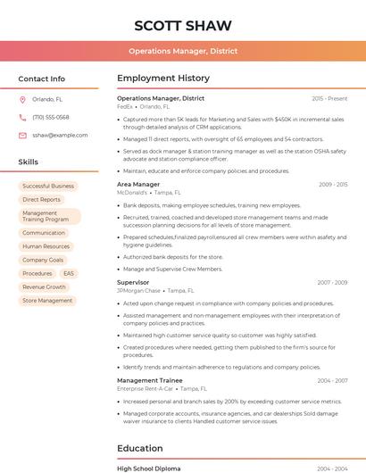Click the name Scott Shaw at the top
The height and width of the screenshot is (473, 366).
tap(183, 25)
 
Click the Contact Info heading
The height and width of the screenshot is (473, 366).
tap(42, 79)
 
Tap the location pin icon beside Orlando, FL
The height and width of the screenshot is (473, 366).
tap(22, 100)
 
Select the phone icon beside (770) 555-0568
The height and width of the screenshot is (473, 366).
tap(22, 118)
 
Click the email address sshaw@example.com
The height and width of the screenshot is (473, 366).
tap(60, 135)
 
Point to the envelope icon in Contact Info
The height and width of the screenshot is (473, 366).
tap(22, 135)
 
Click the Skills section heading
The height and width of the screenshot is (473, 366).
tap(29, 162)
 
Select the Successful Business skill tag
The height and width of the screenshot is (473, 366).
tap(48, 187)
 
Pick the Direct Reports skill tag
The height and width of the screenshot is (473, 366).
tap(42, 200)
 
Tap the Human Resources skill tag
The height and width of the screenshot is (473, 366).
tap(46, 246)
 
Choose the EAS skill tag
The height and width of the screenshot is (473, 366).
tap(69, 273)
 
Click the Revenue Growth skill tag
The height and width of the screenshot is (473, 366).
tap(45, 287)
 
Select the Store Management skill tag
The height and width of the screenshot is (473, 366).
tap(47, 301)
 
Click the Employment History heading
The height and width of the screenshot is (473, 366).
tap(163, 79)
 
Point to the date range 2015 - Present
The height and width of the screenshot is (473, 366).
tap(329, 98)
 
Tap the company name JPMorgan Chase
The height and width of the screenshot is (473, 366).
tap(138, 291)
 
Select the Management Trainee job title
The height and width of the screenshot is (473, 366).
tap(149, 380)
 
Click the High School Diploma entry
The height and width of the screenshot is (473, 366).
tap(149, 468)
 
